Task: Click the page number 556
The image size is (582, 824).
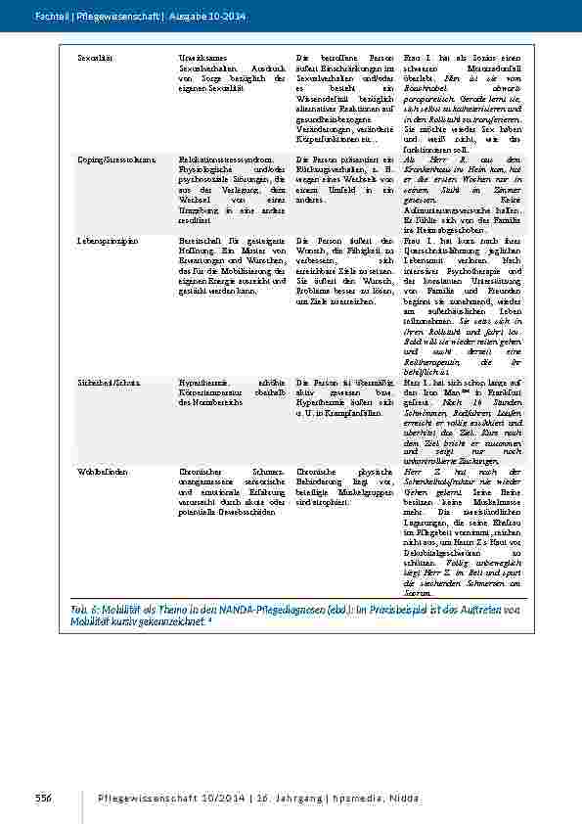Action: [x=43, y=801]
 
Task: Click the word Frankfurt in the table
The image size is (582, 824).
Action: [x=505, y=390]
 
